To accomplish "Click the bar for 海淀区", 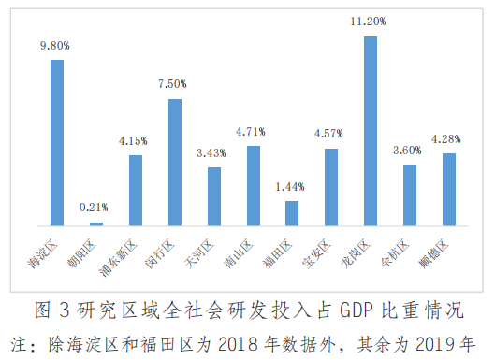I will click(x=57, y=142).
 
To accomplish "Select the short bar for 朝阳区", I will click(x=96, y=223).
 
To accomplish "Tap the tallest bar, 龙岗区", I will click(x=371, y=131).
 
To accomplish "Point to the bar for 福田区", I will click(x=292, y=213).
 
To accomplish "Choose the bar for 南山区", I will click(x=253, y=186).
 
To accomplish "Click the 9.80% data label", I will click(x=56, y=44).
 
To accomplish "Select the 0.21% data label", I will click(x=95, y=207).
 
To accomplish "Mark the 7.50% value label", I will click(x=174, y=83).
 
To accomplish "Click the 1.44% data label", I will click(x=292, y=186).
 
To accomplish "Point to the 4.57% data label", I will click(x=331, y=132).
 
